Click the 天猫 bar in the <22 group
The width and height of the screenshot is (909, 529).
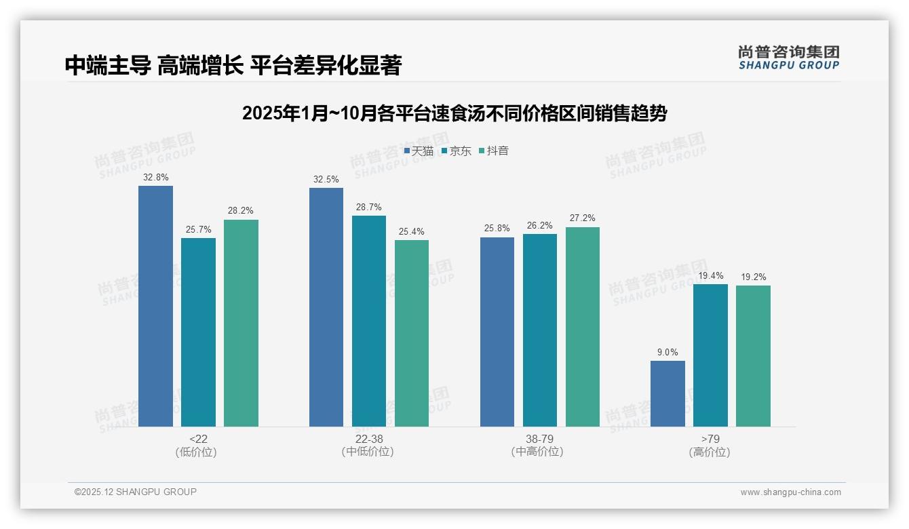click(155, 306)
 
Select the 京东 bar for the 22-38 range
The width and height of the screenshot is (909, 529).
click(369, 321)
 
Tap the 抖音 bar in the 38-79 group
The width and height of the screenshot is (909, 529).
click(583, 326)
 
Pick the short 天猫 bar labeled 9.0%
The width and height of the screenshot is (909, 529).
click(668, 393)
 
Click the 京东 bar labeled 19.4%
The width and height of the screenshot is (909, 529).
click(710, 355)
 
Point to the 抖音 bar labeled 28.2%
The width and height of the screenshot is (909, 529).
click(241, 323)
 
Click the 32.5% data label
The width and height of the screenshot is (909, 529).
click(326, 180)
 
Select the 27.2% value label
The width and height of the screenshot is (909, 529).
click(583, 218)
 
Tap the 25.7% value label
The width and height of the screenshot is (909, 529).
click(199, 230)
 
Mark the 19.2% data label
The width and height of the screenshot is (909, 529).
click(753, 277)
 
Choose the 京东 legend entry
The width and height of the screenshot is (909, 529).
click(457, 151)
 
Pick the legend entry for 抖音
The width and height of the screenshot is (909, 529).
click(494, 151)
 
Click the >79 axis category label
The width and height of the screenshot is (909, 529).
click(710, 439)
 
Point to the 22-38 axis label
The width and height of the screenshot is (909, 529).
click(368, 439)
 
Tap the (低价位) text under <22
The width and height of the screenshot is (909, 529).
click(196, 452)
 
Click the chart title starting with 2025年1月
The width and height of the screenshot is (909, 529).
click(454, 113)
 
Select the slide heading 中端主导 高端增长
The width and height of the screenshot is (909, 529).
click(233, 65)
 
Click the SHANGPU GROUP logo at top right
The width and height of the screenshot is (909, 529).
click(788, 58)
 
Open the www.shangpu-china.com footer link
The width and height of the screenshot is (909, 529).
click(790, 492)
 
